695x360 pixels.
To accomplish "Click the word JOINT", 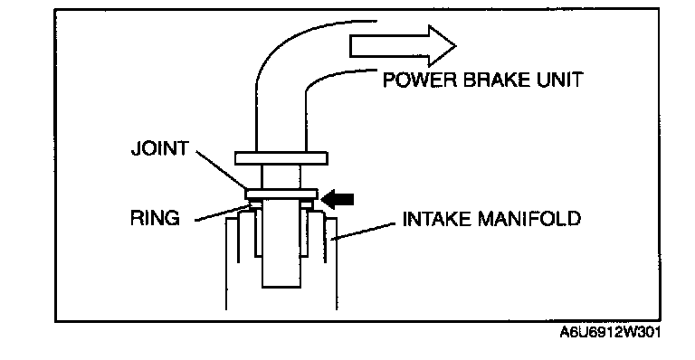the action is click(x=160, y=148).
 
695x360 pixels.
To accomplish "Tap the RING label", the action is click(x=155, y=218).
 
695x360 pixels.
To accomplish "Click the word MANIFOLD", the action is click(x=529, y=219).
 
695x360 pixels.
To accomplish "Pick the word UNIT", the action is click(x=560, y=81).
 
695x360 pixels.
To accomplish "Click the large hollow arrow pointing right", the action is click(x=403, y=45).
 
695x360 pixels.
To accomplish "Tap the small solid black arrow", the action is click(x=338, y=200).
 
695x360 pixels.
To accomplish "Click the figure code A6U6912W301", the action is click(x=610, y=332).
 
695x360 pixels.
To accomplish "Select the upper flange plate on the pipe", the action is click(x=281, y=158).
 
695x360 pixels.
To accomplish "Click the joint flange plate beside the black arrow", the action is click(x=282, y=194).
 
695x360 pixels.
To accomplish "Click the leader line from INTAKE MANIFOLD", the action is click(x=364, y=232).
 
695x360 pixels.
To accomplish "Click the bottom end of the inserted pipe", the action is click(x=281, y=287).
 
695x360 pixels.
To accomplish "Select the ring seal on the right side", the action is click(x=307, y=204).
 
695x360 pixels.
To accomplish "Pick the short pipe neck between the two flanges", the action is click(x=281, y=177).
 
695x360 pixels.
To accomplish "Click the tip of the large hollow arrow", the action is click(x=456, y=45).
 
